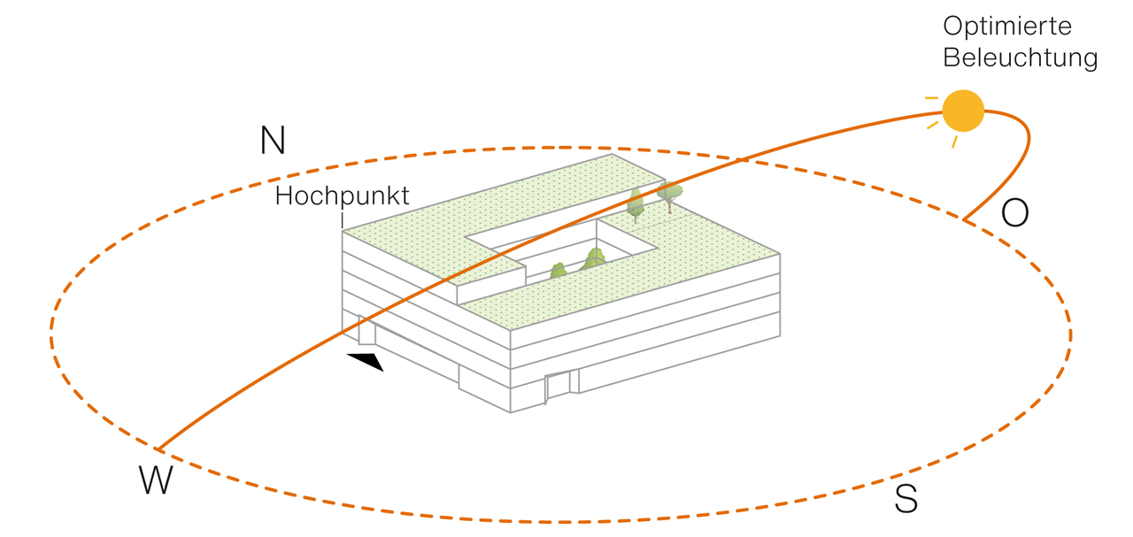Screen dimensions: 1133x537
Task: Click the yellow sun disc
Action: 963,111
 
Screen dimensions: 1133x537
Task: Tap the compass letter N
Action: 274,140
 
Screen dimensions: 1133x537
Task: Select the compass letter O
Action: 1014,212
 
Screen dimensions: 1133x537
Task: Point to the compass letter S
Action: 906,499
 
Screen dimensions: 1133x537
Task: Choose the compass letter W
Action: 156,479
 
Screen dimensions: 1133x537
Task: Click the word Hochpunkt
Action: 342,196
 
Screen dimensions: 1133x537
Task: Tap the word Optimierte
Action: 1007,27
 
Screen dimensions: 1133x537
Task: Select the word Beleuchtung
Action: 1021,58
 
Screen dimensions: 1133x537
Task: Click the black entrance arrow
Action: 366,361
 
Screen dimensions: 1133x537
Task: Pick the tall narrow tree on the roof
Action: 635,204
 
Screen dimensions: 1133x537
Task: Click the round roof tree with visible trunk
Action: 670,196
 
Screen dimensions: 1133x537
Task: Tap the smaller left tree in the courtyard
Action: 559,271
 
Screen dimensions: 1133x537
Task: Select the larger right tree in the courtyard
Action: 593,259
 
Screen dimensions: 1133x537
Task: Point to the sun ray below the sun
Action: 954,142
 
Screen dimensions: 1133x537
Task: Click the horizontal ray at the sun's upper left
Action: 931,97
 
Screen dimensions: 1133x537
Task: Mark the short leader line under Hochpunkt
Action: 343,220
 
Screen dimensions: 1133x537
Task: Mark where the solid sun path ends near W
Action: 158,449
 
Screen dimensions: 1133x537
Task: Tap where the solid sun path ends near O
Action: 964,220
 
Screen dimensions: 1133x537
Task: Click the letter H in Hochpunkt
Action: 284,196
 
